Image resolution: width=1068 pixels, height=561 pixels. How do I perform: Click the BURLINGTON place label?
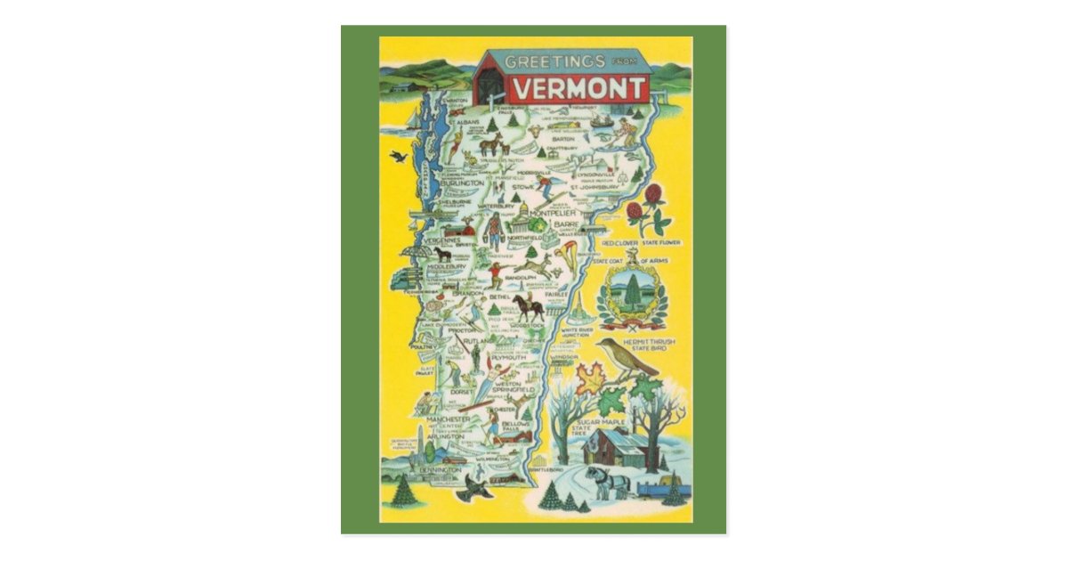tap(459, 183)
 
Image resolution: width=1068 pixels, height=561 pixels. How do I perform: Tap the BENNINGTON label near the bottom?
tap(441, 468)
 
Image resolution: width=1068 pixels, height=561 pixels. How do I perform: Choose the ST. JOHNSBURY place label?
tap(595, 187)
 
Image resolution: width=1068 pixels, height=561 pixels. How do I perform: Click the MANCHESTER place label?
tap(448, 419)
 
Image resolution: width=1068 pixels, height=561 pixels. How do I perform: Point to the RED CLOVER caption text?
tap(619, 242)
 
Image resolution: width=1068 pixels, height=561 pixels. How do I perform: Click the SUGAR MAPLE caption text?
tap(601, 421)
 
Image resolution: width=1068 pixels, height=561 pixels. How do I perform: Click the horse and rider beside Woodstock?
tap(529, 307)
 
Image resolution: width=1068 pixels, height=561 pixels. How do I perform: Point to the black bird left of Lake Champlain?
tap(398, 157)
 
